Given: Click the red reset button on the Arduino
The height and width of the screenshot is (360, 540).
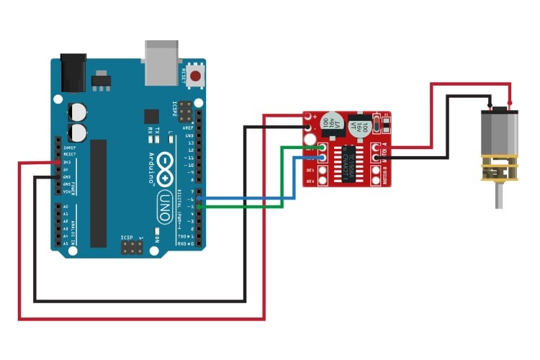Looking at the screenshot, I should (x=194, y=75).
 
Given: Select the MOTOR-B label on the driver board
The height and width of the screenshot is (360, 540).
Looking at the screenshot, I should (x=382, y=174).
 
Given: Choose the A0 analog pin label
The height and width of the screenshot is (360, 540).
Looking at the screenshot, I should (x=66, y=207).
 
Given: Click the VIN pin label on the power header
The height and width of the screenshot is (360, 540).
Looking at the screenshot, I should (x=65, y=192).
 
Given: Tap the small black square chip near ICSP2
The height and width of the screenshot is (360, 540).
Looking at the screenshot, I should (x=151, y=116).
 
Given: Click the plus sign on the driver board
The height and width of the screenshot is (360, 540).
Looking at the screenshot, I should (x=314, y=115).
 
